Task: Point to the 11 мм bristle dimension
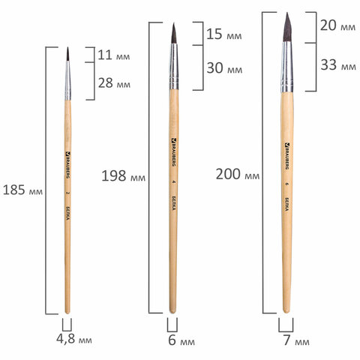pyautogui.click(x=115, y=55)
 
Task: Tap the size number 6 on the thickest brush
pyautogui.click(x=287, y=182)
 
